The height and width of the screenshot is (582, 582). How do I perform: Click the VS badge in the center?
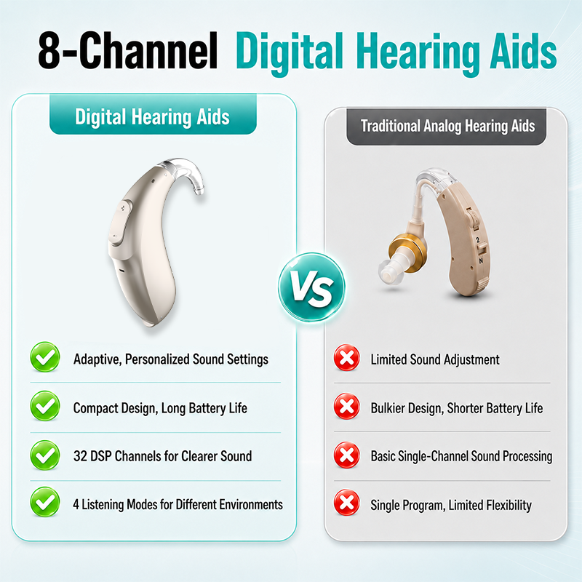click(311, 287)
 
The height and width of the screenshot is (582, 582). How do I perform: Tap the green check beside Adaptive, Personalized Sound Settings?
click(45, 357)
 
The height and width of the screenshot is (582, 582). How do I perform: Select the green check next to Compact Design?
click(45, 406)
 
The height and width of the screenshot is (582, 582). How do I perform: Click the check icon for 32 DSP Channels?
click(45, 455)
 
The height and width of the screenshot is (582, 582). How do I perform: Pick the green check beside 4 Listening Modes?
click(45, 502)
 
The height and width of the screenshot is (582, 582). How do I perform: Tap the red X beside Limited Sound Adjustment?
click(347, 358)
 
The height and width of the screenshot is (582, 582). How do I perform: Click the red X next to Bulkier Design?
click(347, 406)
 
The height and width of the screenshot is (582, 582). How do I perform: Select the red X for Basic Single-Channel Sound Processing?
click(347, 455)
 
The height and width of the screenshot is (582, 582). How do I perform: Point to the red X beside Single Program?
click(347, 503)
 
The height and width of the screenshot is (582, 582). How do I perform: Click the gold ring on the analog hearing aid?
click(407, 252)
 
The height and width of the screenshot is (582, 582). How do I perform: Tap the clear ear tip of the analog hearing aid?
click(390, 271)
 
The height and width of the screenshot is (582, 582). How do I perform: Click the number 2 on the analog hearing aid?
click(478, 240)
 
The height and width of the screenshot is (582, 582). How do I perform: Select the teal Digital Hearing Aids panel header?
click(153, 114)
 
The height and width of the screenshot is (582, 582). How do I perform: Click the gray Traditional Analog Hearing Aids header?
click(447, 127)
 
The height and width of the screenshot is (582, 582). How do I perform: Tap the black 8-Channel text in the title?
click(127, 50)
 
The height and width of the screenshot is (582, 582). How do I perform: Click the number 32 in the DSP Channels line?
click(80, 456)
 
